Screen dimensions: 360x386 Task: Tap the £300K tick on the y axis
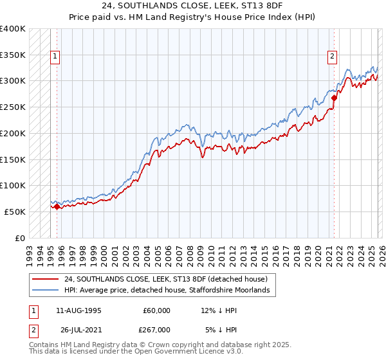click(13, 81)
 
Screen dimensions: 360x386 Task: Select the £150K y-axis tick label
click(13, 159)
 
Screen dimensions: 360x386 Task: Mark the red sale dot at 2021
click(335, 98)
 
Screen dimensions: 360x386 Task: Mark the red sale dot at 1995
click(57, 206)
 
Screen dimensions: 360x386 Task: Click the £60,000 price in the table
click(156, 310)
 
